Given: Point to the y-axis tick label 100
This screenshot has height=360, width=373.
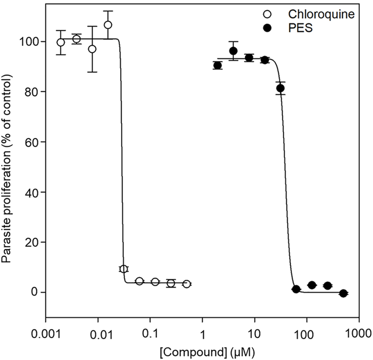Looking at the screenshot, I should [32, 42].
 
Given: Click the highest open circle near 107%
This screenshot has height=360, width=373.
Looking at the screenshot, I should [108, 24].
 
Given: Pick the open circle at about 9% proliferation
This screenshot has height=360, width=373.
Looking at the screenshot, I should [123, 269].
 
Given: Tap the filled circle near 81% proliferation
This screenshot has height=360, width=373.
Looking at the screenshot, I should [281, 88].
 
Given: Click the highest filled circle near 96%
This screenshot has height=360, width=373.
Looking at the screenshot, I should [233, 51].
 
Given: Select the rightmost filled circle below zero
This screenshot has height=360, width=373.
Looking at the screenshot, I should [343, 293].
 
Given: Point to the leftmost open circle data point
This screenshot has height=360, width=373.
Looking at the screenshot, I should [61, 42].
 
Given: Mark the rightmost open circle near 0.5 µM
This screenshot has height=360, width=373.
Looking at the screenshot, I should [186, 284].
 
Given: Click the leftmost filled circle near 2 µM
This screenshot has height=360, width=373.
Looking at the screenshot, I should [218, 66].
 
